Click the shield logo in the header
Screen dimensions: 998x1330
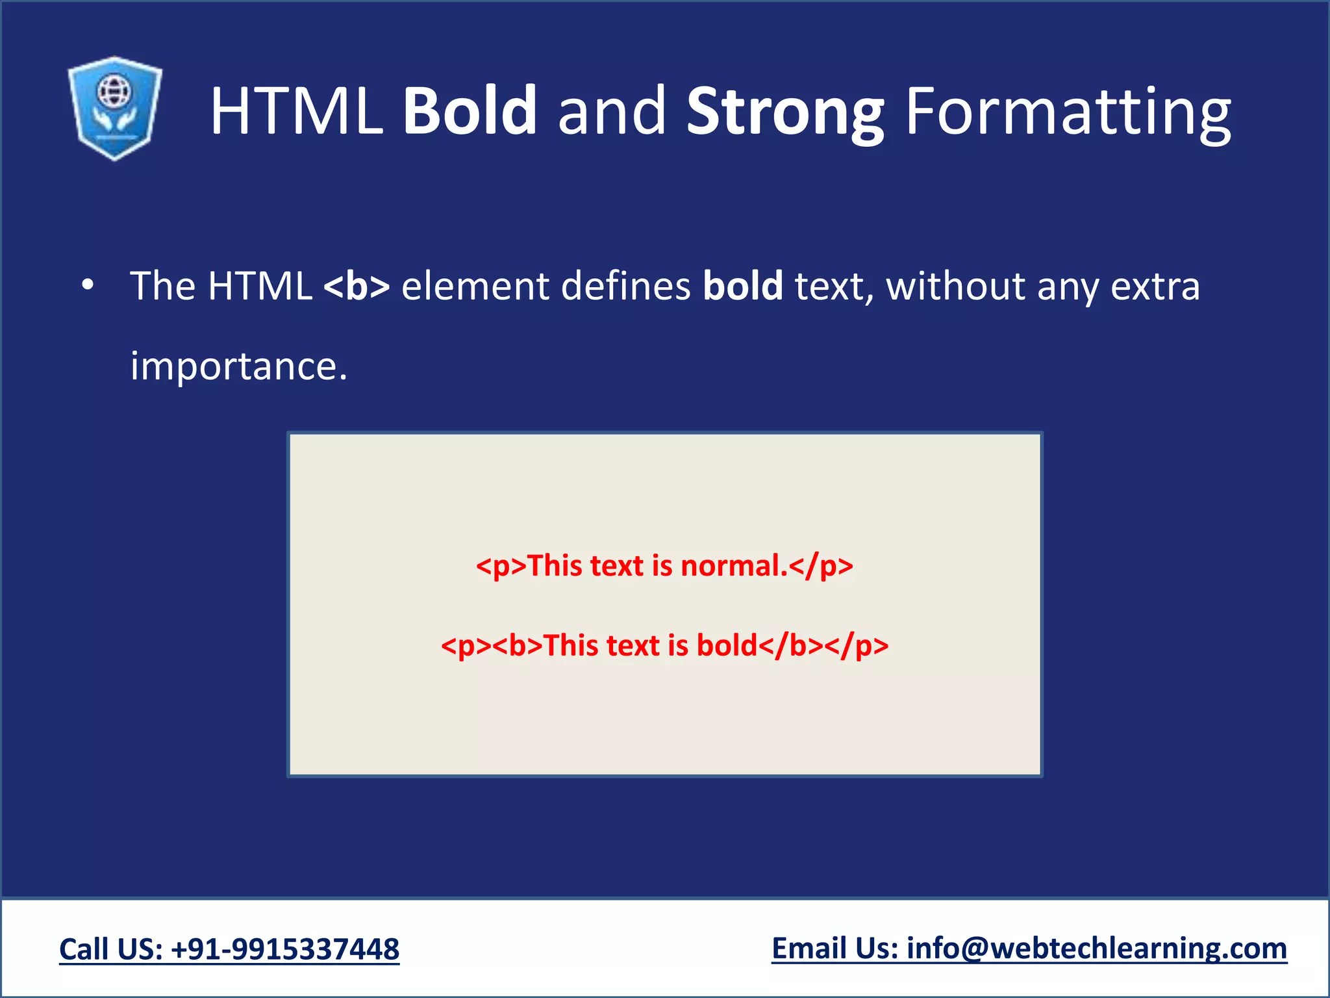pos(115,108)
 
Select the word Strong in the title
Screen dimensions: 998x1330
pos(784,112)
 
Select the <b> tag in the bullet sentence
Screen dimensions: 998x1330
pos(357,286)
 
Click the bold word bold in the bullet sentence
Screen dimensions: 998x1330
pos(742,286)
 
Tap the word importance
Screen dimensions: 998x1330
pos(238,366)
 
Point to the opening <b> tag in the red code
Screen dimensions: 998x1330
pos(518,646)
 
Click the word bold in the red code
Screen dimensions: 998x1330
pos(727,646)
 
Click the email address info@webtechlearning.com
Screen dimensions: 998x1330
pos(1096,949)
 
